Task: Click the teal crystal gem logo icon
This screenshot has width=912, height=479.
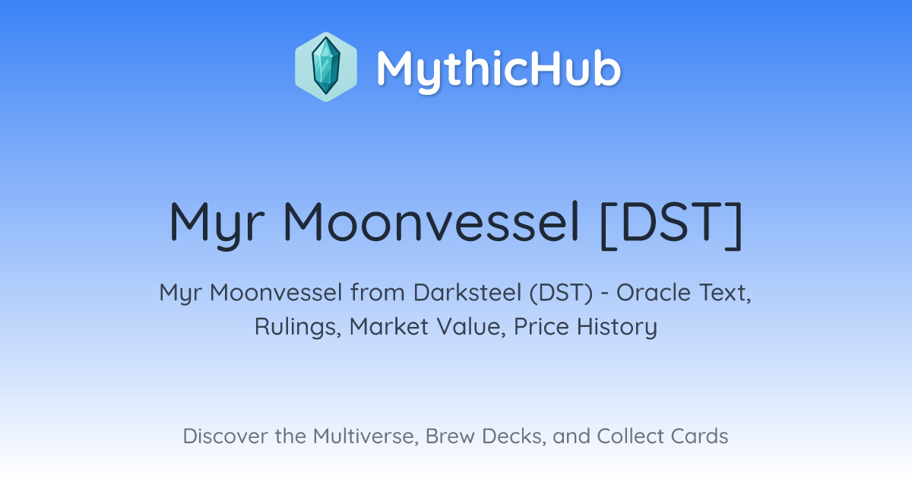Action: click(x=326, y=67)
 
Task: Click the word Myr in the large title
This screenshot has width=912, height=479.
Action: click(x=217, y=224)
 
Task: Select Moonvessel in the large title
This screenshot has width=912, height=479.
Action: click(x=431, y=222)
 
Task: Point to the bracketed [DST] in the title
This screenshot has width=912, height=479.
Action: click(x=672, y=224)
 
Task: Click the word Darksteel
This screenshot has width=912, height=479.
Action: click(x=467, y=293)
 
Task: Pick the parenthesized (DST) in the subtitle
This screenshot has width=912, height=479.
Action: click(x=562, y=293)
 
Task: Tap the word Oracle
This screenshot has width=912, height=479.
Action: click(x=654, y=293)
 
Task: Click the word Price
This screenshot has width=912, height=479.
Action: click(x=541, y=326)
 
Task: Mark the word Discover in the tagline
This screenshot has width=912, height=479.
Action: click(x=225, y=436)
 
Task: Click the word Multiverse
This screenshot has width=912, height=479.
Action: click(x=366, y=436)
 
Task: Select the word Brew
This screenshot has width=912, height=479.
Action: click(x=450, y=436)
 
